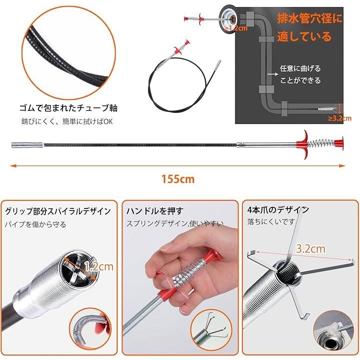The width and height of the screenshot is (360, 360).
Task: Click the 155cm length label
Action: (x=178, y=179)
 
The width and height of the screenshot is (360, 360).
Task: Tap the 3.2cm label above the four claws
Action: (x=310, y=248)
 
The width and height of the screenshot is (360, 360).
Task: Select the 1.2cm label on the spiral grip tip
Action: (x=99, y=266)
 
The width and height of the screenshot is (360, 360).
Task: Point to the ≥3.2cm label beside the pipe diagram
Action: (x=339, y=118)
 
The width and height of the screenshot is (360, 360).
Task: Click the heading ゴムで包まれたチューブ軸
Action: (x=68, y=108)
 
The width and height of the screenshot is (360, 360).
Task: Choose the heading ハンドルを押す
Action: (x=155, y=211)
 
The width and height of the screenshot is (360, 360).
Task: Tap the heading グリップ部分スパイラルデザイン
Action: (x=58, y=211)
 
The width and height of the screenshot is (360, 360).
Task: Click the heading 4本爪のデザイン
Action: (x=278, y=209)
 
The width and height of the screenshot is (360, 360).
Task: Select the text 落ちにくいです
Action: (x=271, y=221)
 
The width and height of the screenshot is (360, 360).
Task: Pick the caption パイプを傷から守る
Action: (x=35, y=224)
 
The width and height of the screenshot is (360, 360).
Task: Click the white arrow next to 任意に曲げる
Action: (x=273, y=74)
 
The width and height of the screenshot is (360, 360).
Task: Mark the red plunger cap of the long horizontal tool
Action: (x=339, y=143)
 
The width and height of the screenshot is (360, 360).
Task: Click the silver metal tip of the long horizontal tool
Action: (x=27, y=145)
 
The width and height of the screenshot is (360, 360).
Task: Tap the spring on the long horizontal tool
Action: (x=320, y=143)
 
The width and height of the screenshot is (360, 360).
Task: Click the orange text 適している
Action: (x=304, y=36)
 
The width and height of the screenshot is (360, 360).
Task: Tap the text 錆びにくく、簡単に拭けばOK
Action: (x=67, y=121)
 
